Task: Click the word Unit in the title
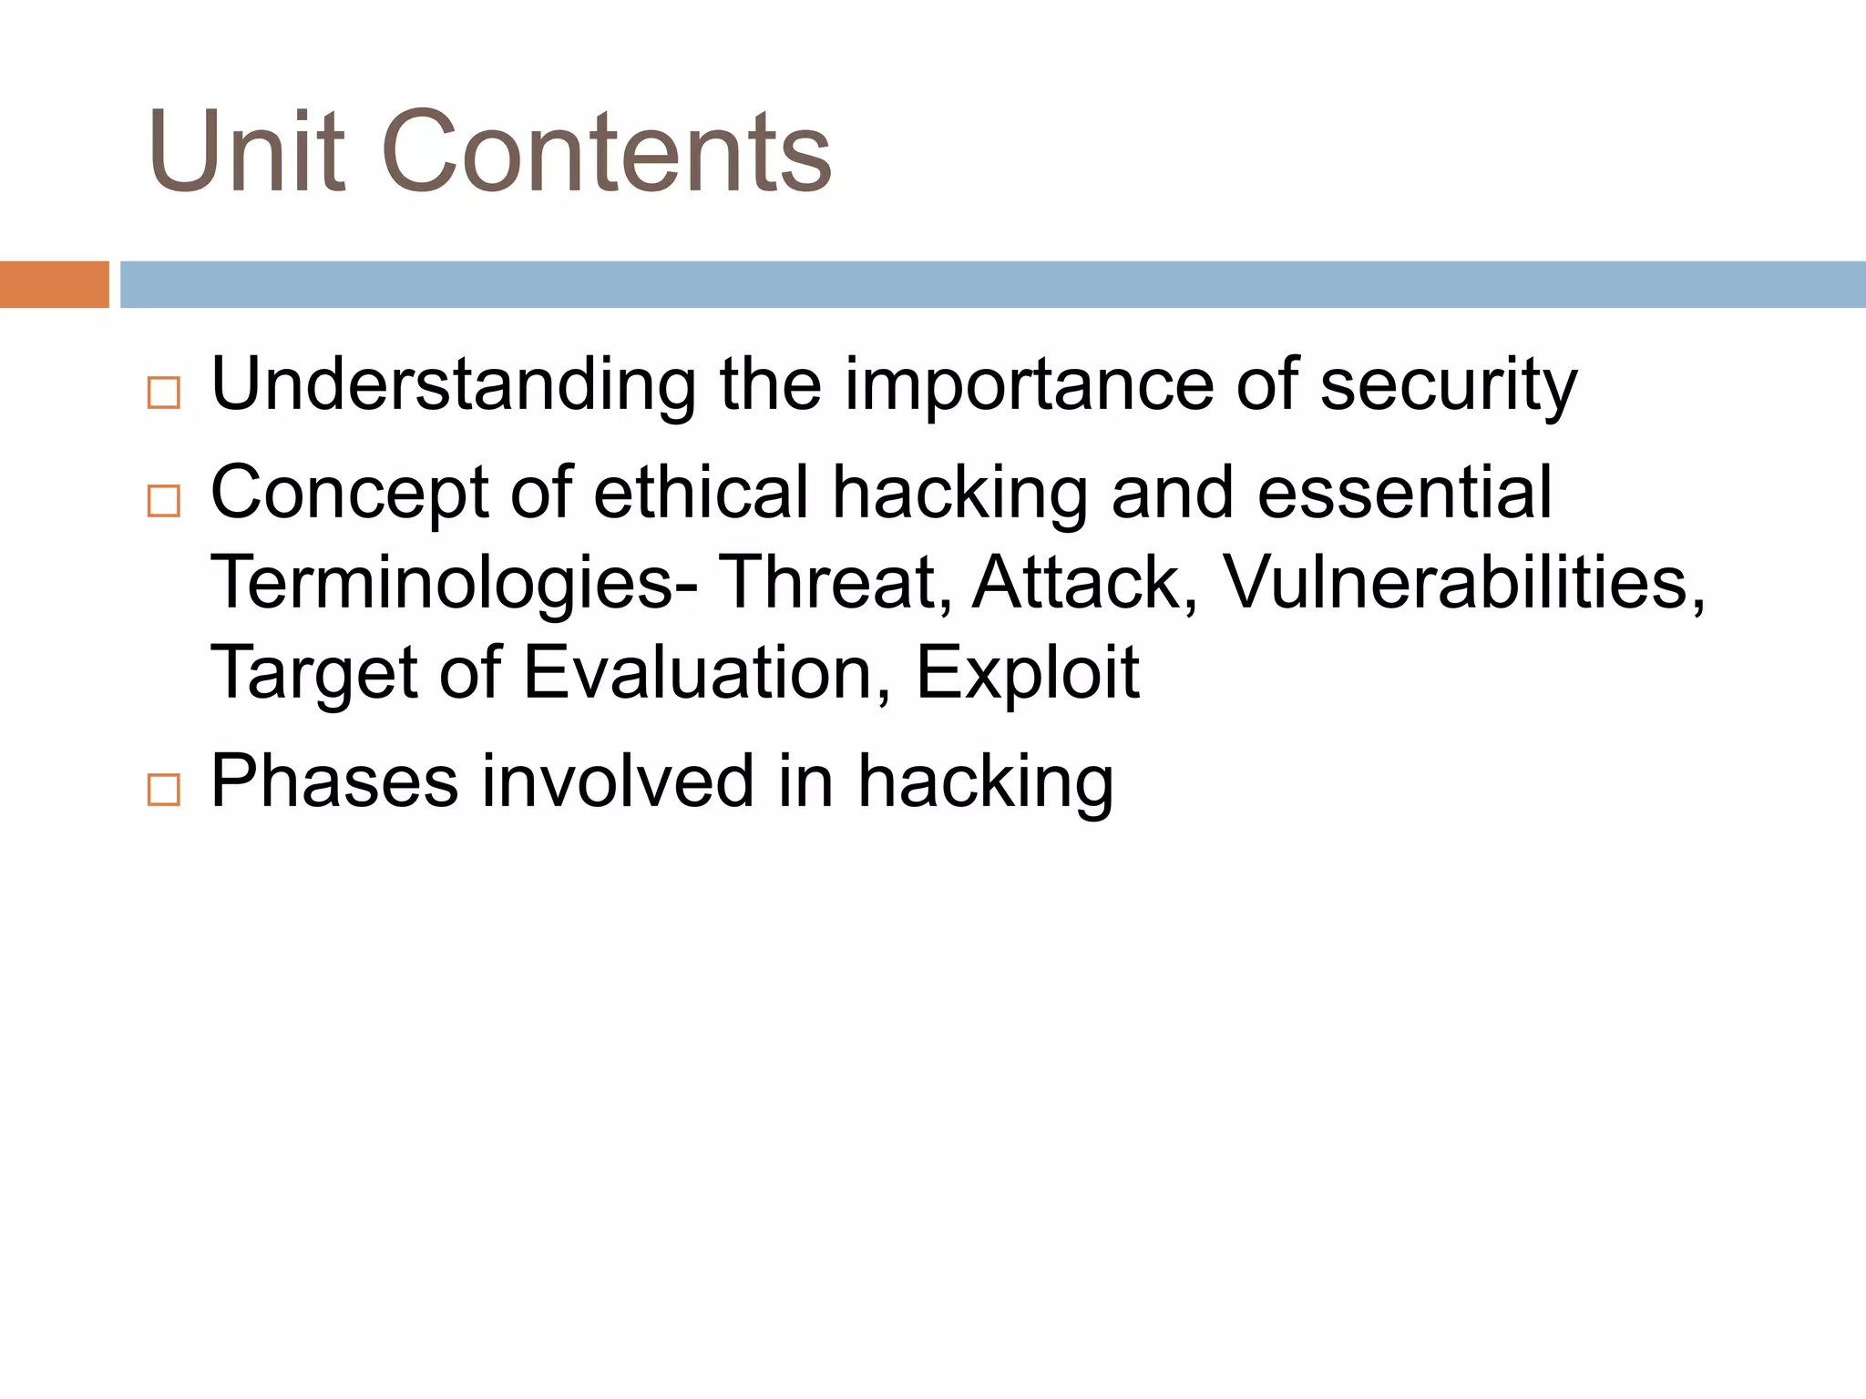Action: [x=246, y=152]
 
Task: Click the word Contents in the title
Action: [x=606, y=152]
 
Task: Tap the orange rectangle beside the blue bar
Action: [x=54, y=284]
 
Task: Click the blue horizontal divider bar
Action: [x=991, y=284]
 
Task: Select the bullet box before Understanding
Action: [x=164, y=393]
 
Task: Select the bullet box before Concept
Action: [x=164, y=501]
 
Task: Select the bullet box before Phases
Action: [x=164, y=789]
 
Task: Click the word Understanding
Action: [x=453, y=384]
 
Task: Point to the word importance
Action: [x=1029, y=384]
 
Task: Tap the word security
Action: [x=1448, y=384]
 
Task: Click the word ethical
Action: [x=701, y=492]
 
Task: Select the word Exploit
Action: [x=1027, y=672]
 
